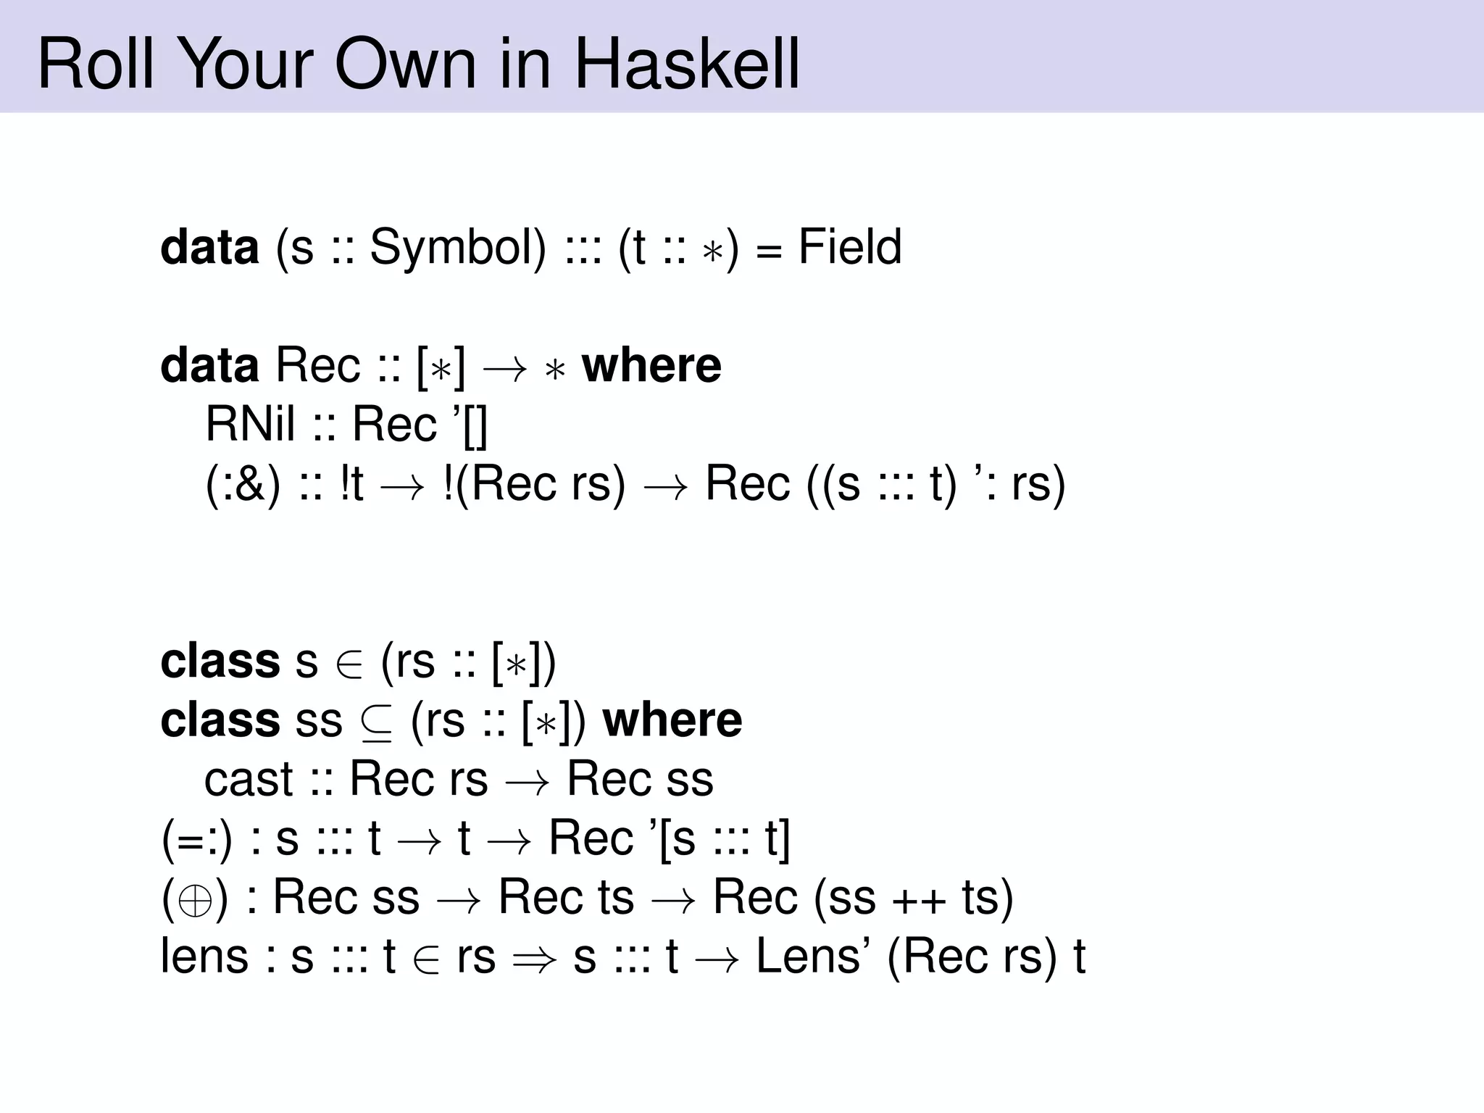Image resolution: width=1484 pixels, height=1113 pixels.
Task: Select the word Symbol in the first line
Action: click(x=457, y=247)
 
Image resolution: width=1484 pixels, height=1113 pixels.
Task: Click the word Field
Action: click(x=850, y=247)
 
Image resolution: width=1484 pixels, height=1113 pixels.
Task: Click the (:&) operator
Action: click(x=243, y=483)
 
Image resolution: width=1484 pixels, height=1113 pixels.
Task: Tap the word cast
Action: click(x=249, y=779)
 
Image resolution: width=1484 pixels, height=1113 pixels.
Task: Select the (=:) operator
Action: click(x=197, y=838)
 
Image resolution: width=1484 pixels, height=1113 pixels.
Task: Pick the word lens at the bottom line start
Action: click(x=204, y=956)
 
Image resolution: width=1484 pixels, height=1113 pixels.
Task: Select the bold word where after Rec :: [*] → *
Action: click(x=651, y=365)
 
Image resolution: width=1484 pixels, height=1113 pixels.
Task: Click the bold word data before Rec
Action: click(x=209, y=365)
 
